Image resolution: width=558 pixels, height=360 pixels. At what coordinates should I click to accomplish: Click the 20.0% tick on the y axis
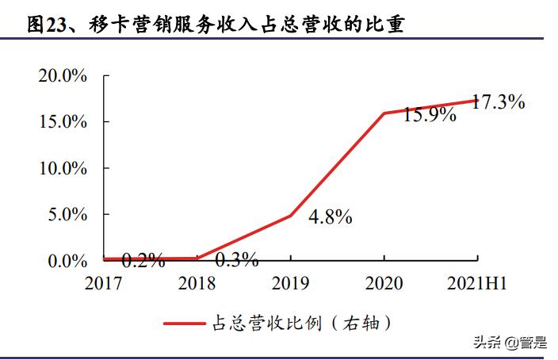pos(61,76)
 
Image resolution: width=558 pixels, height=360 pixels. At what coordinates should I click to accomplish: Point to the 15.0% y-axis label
pos(61,122)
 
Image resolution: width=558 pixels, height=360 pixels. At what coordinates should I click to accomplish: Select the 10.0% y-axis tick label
pos(61,168)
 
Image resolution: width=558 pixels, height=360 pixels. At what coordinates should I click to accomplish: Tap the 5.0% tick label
pos(67,215)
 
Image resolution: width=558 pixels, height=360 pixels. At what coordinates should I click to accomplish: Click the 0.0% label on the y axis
pos(67,261)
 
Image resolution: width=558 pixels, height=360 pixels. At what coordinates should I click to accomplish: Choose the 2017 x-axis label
pos(104,282)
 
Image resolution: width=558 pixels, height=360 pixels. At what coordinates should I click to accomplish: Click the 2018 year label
pos(197,282)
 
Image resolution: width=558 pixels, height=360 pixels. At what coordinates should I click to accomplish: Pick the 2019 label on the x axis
pos(290,282)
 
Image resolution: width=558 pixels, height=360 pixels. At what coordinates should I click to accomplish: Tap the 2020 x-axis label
pos(384,282)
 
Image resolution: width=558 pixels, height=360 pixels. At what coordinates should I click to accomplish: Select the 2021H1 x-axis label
pos(477,282)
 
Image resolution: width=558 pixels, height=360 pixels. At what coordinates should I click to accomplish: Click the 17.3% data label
pos(499,101)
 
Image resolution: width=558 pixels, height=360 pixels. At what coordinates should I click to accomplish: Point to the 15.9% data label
pos(430,114)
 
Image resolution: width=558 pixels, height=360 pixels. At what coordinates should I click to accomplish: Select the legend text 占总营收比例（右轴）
pos(302,323)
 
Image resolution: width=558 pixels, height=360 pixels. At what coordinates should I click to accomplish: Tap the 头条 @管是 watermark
pos(510,343)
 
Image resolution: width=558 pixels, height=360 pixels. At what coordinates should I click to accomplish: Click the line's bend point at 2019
pos(291,215)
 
